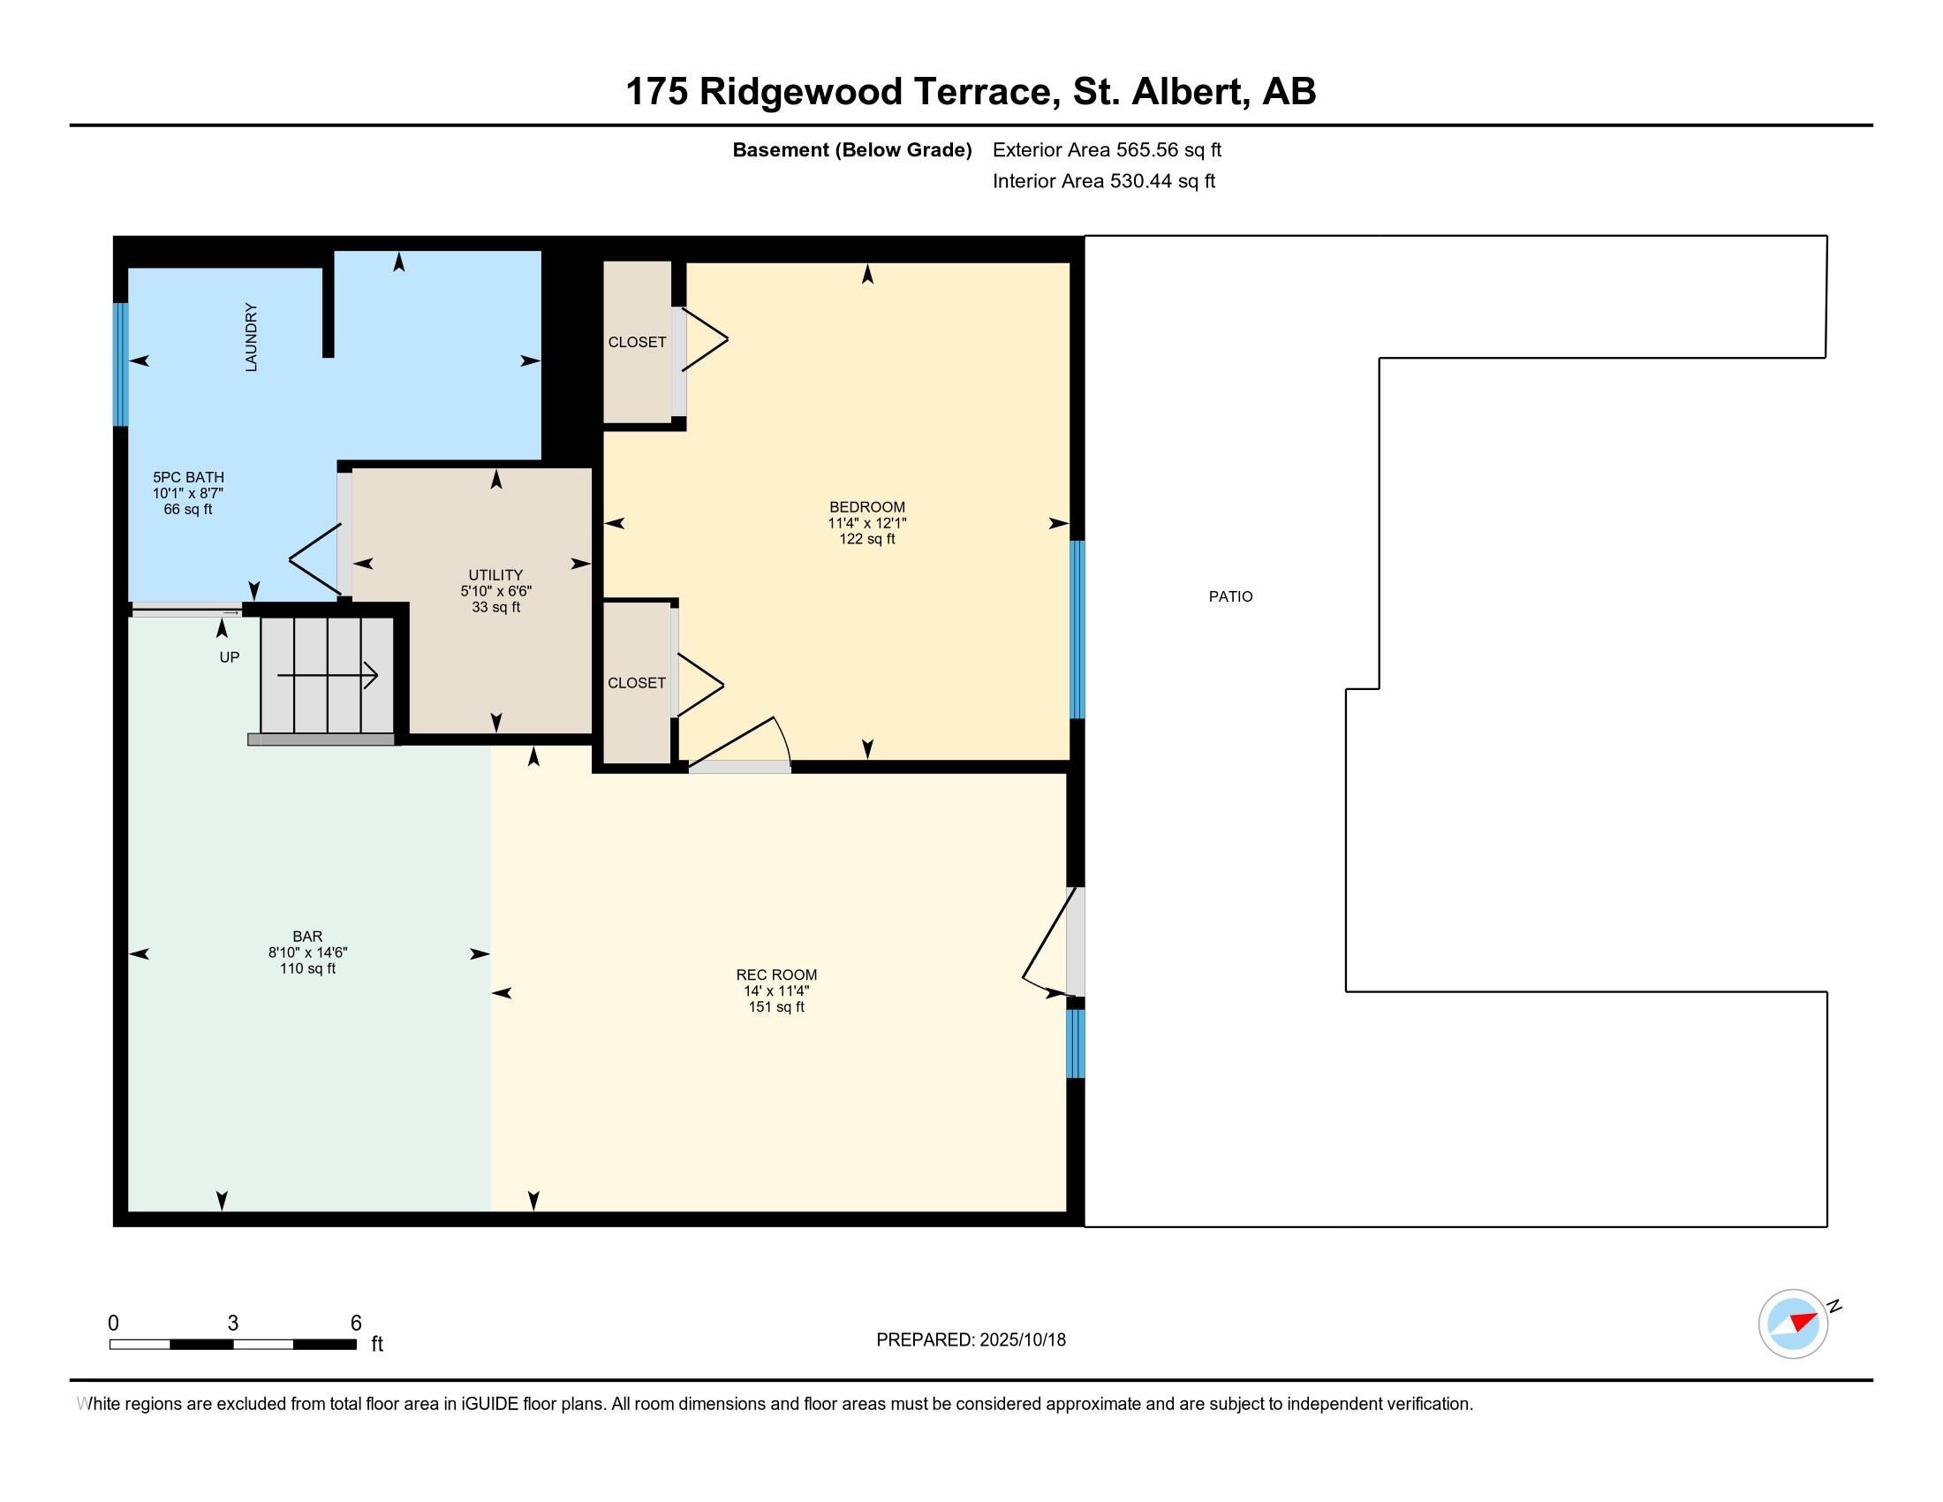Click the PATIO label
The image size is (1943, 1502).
pos(1230,597)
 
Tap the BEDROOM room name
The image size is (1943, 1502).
pos(867,507)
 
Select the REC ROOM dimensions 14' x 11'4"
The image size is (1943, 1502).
pos(776,991)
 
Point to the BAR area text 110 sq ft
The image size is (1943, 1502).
pos(308,969)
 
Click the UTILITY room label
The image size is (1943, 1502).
pos(496,575)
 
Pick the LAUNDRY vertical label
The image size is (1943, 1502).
pos(251,338)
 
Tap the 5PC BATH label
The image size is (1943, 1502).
pos(189,477)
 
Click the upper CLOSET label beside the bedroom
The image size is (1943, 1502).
pos(637,343)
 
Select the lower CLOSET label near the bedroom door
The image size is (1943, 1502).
pos(637,683)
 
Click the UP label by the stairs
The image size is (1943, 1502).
pos(230,657)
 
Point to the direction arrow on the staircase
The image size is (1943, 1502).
pos(328,675)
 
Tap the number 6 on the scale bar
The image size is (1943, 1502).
pos(356,1324)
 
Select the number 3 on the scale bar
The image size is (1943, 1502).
pos(233,1324)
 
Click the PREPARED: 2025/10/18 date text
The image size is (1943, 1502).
pos(971,1340)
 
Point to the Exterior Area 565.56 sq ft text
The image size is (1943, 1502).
pos(1107,150)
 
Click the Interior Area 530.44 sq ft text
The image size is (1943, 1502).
pos(1104,181)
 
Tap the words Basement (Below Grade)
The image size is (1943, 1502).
pos(851,150)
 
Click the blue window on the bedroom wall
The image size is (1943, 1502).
pos(1077,629)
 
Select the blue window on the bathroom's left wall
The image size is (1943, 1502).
pos(121,365)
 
